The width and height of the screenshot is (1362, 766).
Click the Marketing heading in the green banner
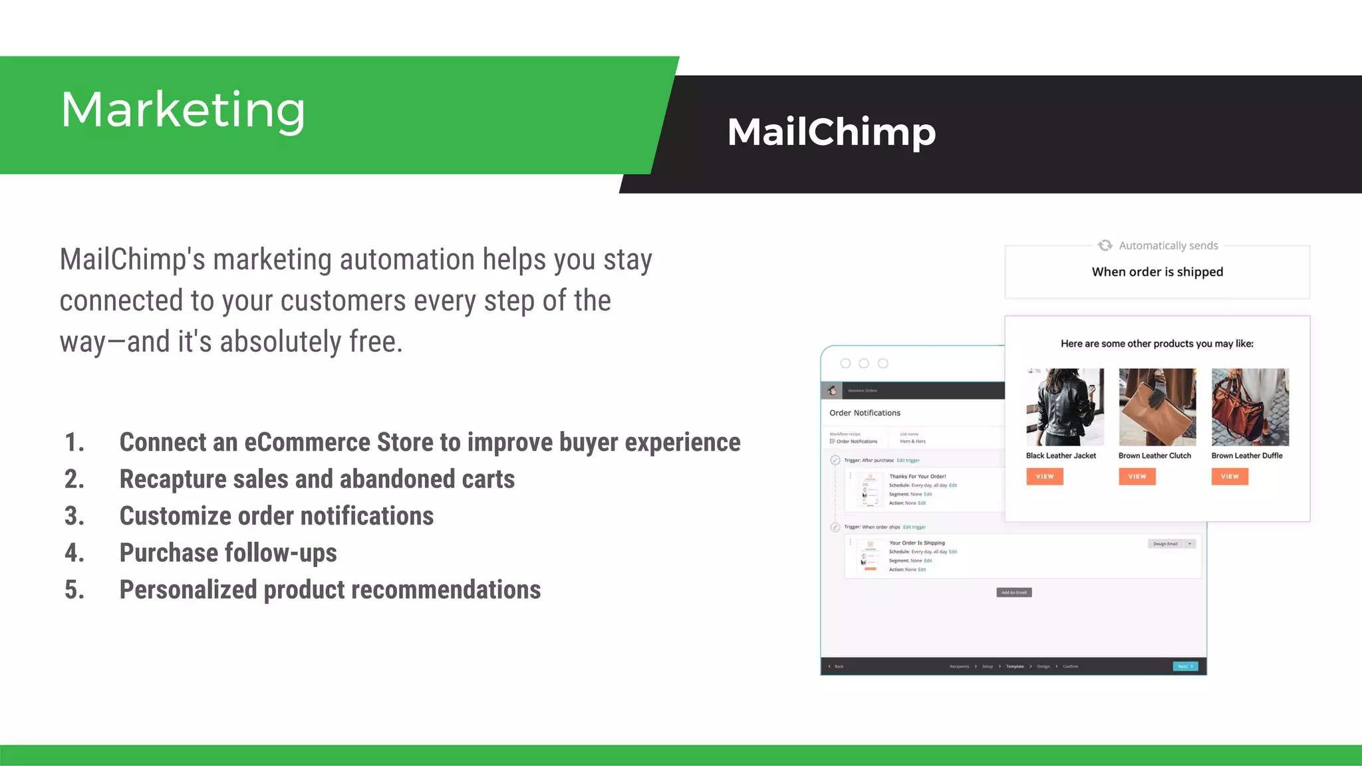(x=183, y=110)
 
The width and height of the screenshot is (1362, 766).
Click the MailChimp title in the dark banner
(x=831, y=132)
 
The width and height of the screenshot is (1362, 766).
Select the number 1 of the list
(x=74, y=443)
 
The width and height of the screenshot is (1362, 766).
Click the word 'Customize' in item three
(x=175, y=517)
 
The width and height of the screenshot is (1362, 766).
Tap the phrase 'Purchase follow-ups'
(x=228, y=553)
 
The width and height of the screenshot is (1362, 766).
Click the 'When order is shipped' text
(x=1157, y=272)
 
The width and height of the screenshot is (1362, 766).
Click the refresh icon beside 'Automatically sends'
(x=1105, y=245)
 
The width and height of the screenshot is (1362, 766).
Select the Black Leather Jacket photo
(x=1065, y=407)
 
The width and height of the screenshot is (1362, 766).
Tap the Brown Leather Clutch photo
(x=1157, y=407)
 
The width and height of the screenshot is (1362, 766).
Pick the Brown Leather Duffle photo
(x=1250, y=407)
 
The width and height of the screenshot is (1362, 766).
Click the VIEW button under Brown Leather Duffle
(x=1230, y=477)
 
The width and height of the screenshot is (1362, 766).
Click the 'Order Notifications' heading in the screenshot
(x=865, y=413)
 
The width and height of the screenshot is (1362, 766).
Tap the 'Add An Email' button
(x=1014, y=592)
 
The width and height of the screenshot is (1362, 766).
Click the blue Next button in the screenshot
(x=1185, y=666)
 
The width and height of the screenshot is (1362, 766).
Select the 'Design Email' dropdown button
(x=1172, y=544)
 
